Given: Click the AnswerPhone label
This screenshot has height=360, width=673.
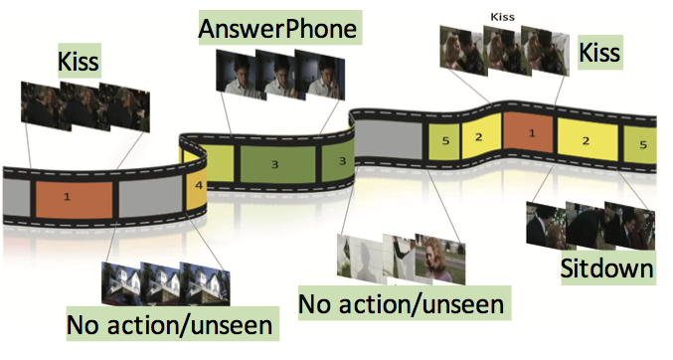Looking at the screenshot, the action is click(280, 28).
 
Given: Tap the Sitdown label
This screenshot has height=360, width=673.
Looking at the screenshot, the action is click(608, 269).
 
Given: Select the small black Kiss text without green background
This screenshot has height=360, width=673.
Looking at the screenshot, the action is click(503, 17).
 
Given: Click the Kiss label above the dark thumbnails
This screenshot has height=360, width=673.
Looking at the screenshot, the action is click(79, 61).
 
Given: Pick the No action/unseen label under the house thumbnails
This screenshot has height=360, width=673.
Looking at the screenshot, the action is click(172, 324).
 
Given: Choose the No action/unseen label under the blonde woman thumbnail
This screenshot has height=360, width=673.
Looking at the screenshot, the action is click(405, 303).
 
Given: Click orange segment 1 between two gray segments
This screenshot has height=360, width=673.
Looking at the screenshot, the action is click(74, 199).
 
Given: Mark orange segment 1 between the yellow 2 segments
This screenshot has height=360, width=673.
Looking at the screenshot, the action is click(529, 132).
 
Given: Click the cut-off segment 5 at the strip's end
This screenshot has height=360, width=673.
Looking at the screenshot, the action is click(640, 144).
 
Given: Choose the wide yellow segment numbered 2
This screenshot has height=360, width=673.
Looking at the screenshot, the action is click(588, 139).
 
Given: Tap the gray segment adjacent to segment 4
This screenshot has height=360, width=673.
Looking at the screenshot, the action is click(150, 197).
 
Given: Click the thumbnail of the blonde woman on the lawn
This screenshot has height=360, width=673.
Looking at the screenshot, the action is click(440, 259).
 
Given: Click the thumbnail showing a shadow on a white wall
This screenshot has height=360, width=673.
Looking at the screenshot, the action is click(362, 259).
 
